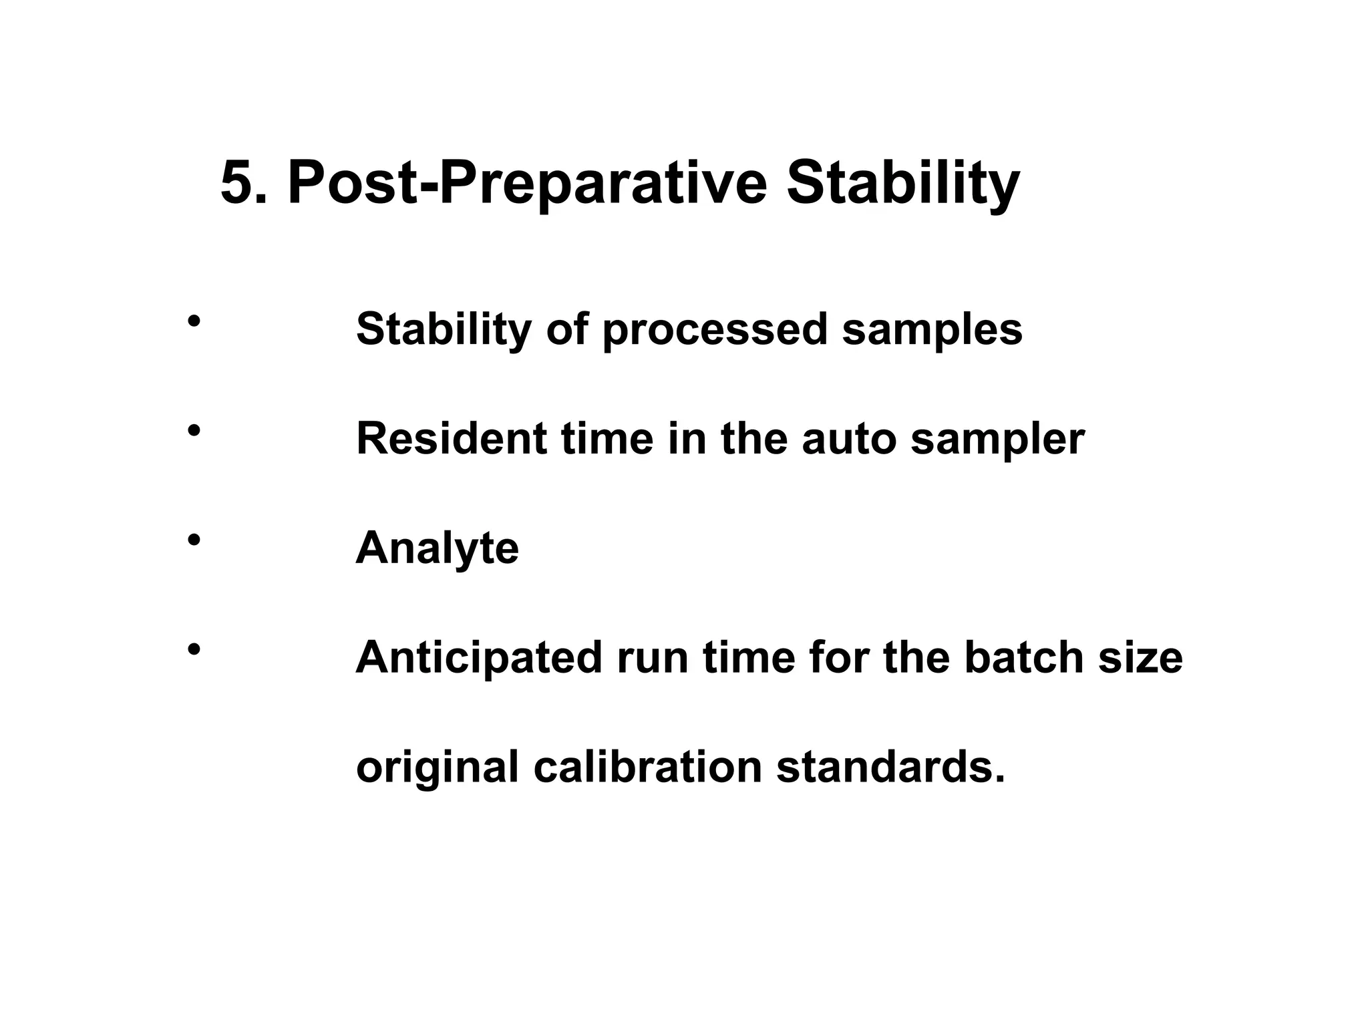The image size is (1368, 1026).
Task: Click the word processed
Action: coord(715,330)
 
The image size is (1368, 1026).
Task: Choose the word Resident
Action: coord(452,439)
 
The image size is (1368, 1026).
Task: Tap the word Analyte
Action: coord(437,549)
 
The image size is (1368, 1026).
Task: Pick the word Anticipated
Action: coord(479,658)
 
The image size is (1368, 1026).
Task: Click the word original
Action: coord(437,767)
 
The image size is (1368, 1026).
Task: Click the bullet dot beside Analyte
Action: coord(194,540)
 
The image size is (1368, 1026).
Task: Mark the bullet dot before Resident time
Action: coord(194,431)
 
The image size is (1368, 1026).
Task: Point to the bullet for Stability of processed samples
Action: coord(194,321)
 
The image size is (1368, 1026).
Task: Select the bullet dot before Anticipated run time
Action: coord(194,649)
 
